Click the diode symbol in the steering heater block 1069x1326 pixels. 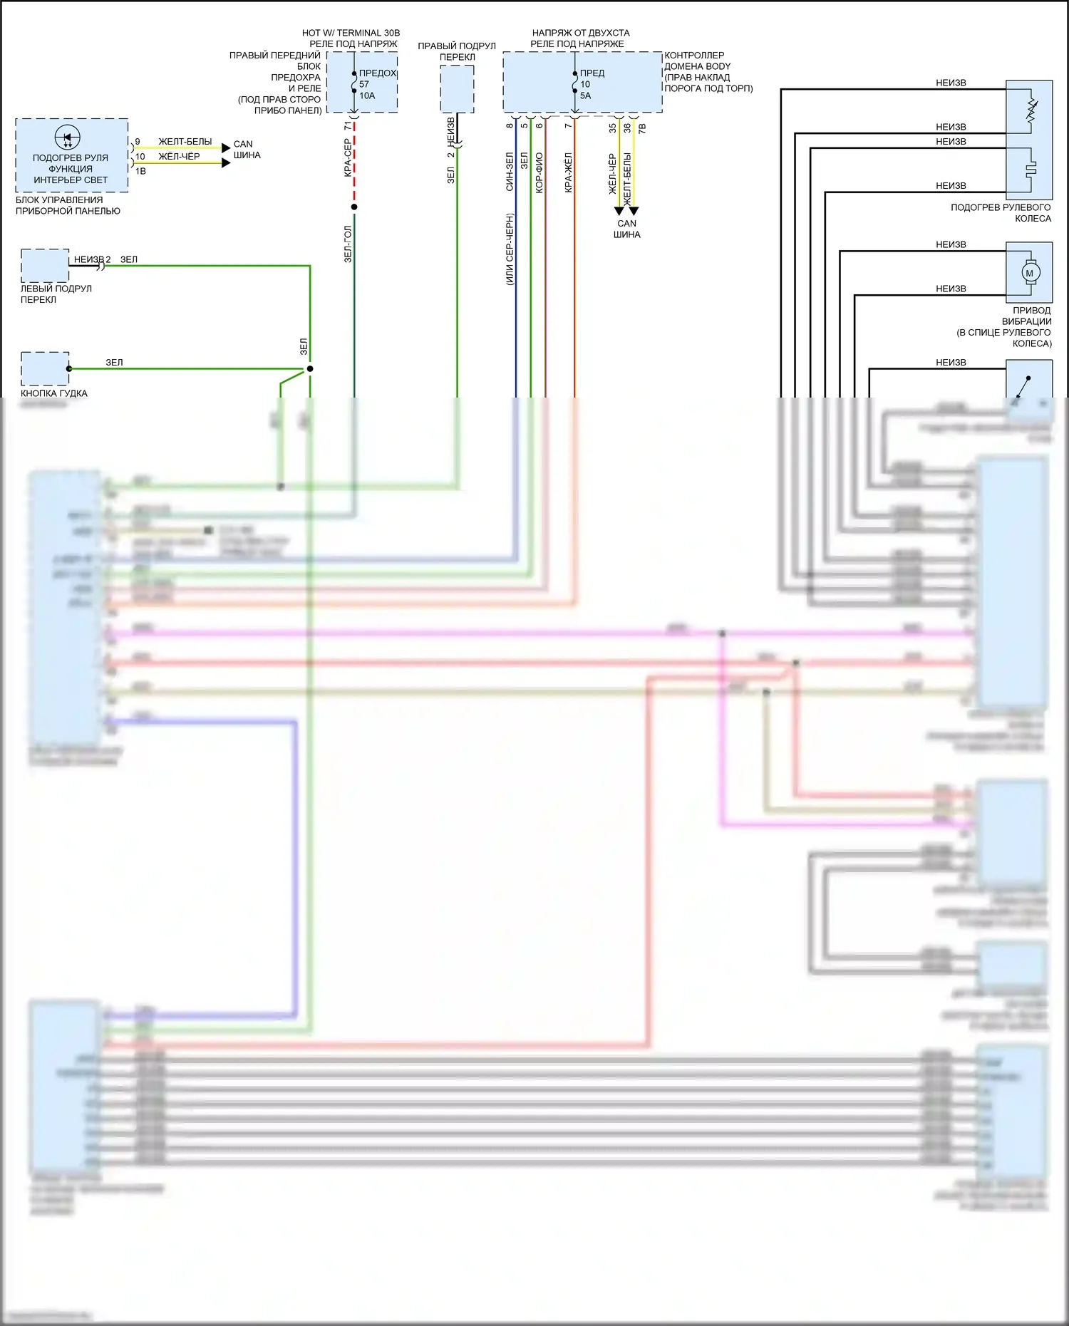68,138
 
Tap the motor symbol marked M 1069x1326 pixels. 1029,273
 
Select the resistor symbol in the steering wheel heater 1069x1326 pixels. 1031,110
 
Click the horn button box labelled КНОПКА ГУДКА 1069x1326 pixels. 45,368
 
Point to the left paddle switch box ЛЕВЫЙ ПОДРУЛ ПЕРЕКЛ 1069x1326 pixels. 45,265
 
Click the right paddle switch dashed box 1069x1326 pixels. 457,88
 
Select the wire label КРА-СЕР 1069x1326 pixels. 348,157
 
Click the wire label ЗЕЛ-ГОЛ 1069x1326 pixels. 348,244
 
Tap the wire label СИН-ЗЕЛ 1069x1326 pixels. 510,172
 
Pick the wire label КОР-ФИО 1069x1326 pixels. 539,172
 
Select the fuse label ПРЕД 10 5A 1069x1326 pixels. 591,84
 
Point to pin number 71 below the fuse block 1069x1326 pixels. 348,125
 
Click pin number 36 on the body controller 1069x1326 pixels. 627,128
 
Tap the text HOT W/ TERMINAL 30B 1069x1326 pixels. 351,33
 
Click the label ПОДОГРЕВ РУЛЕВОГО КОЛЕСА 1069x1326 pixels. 1001,212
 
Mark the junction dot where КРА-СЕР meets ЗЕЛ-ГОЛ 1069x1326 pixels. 354,207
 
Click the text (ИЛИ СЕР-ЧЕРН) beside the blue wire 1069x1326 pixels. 510,249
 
